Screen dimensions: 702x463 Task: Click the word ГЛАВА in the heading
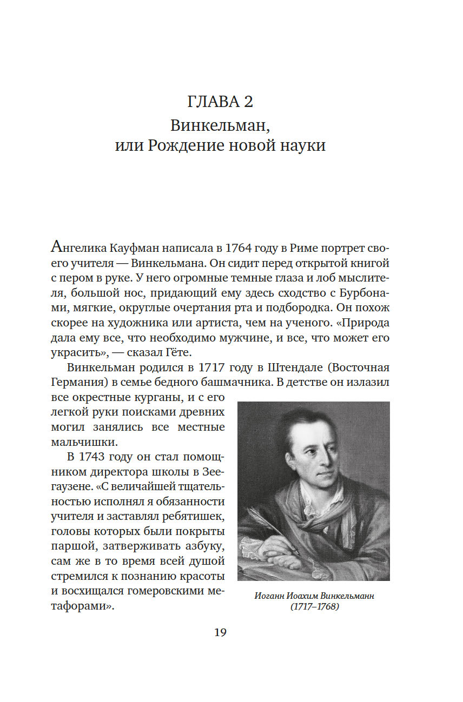point(212,101)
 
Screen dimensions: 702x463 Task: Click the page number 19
point(220,633)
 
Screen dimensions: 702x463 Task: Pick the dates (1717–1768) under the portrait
point(314,607)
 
